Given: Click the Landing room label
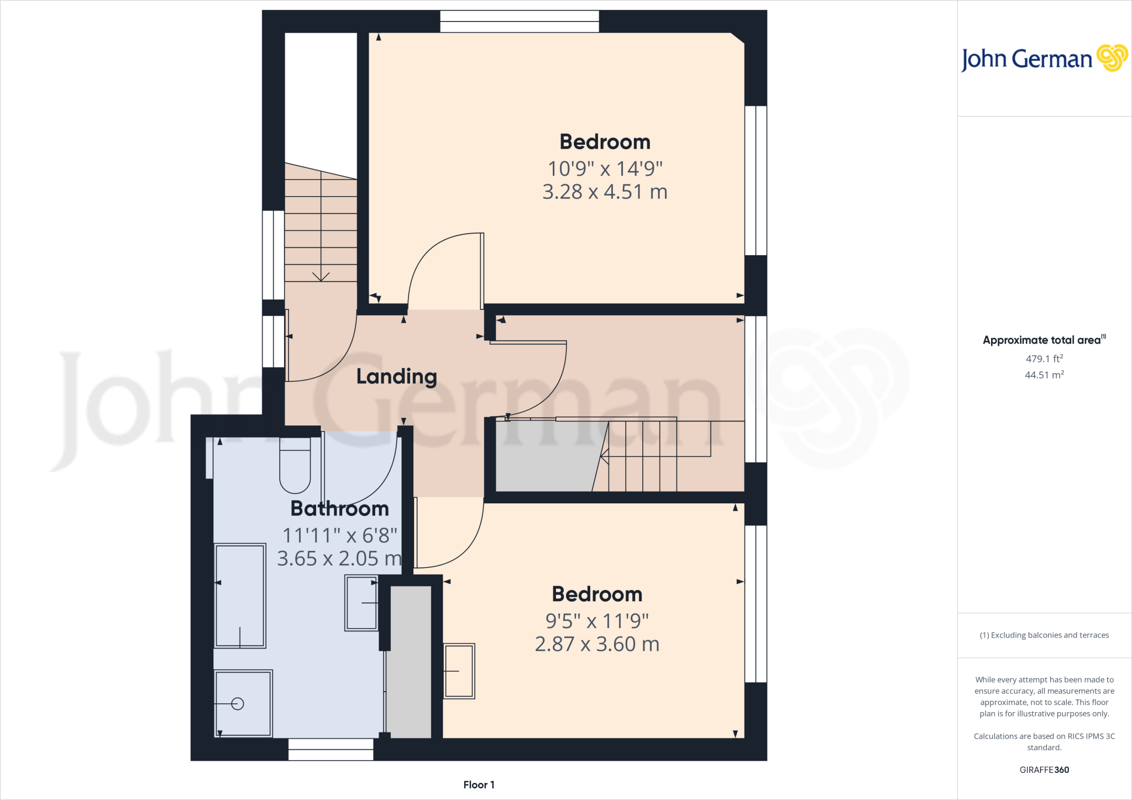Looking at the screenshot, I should pos(396,377).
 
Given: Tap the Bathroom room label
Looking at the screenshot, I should pos(339,509).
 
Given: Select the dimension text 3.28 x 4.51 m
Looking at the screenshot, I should pos(605,192).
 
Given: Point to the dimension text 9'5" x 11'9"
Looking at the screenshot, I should pos(597,622).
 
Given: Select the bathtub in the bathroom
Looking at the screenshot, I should pos(240,596).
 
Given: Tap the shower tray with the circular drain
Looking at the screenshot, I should pos(243,703).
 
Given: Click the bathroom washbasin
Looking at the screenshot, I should pos(361,603).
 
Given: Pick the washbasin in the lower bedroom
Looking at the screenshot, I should pos(459,671).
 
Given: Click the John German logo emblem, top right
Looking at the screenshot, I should pos(1112,58).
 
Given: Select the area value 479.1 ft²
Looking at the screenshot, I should pos(1044,359).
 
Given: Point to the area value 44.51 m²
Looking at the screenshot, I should pos(1044,375).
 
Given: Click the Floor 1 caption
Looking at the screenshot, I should pos(479,785).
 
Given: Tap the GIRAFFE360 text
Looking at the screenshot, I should pos(1044,770).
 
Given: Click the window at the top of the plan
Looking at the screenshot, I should pos(519,22).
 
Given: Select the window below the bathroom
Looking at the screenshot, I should pos(331,750).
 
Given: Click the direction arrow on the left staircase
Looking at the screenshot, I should pos(321,276).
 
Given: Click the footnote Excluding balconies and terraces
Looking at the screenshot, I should pos(1044,635).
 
